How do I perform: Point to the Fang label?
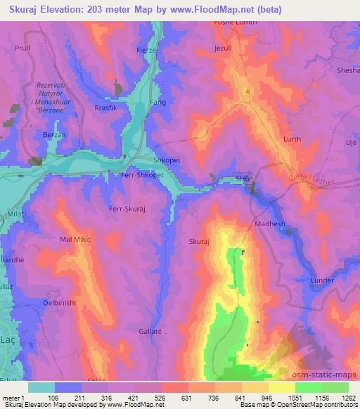point(158,103)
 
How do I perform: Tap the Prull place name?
point(22,48)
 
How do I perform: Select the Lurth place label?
point(291,140)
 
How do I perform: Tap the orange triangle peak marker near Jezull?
point(247,91)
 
